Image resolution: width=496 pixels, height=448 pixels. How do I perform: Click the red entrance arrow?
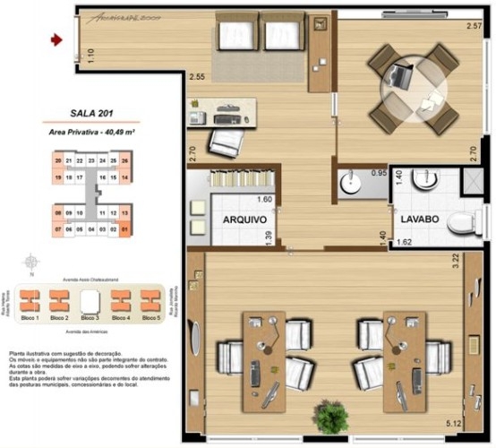(56, 39)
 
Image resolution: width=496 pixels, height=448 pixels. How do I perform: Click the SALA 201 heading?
(90, 114)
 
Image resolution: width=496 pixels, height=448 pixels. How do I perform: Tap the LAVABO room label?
(417, 218)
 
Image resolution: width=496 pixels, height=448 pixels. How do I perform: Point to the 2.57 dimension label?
(474, 26)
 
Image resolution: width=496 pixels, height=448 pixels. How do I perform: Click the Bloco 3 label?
(89, 318)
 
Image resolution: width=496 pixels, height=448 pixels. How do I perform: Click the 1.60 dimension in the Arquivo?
(264, 200)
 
